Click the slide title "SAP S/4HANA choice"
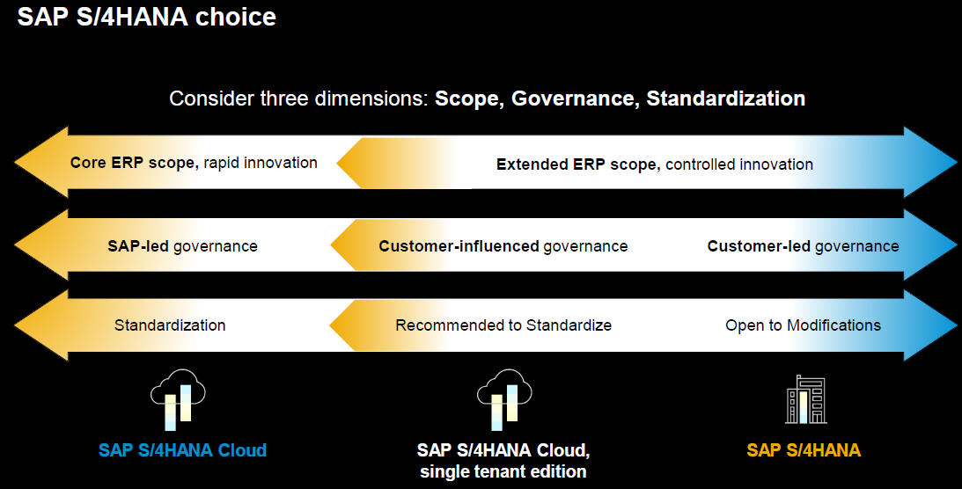(147, 17)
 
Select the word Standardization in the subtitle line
(726, 98)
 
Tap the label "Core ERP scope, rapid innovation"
(194, 163)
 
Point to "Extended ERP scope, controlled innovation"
(655, 164)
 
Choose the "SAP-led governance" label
(183, 246)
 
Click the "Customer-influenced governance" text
(503, 246)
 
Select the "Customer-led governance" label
(803, 246)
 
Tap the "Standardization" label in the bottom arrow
(170, 325)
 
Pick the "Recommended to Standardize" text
(503, 325)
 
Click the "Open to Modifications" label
(803, 325)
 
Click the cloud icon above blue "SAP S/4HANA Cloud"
(178, 399)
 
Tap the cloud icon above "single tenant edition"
(504, 399)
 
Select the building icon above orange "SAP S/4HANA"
(805, 399)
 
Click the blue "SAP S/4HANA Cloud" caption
(183, 450)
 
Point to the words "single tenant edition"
(503, 471)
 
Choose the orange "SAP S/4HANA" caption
(804, 450)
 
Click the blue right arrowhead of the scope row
(929, 163)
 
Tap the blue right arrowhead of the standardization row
(929, 325)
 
